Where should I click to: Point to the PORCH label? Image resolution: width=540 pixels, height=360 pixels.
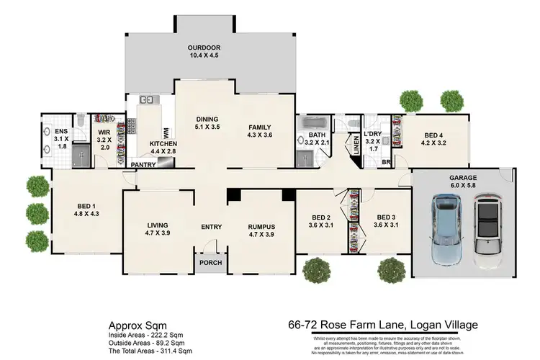[210, 262]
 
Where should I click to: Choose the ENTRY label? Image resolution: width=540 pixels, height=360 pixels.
[211, 228]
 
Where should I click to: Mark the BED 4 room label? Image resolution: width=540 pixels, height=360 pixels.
[434, 138]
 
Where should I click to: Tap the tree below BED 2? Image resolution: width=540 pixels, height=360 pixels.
[318, 271]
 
